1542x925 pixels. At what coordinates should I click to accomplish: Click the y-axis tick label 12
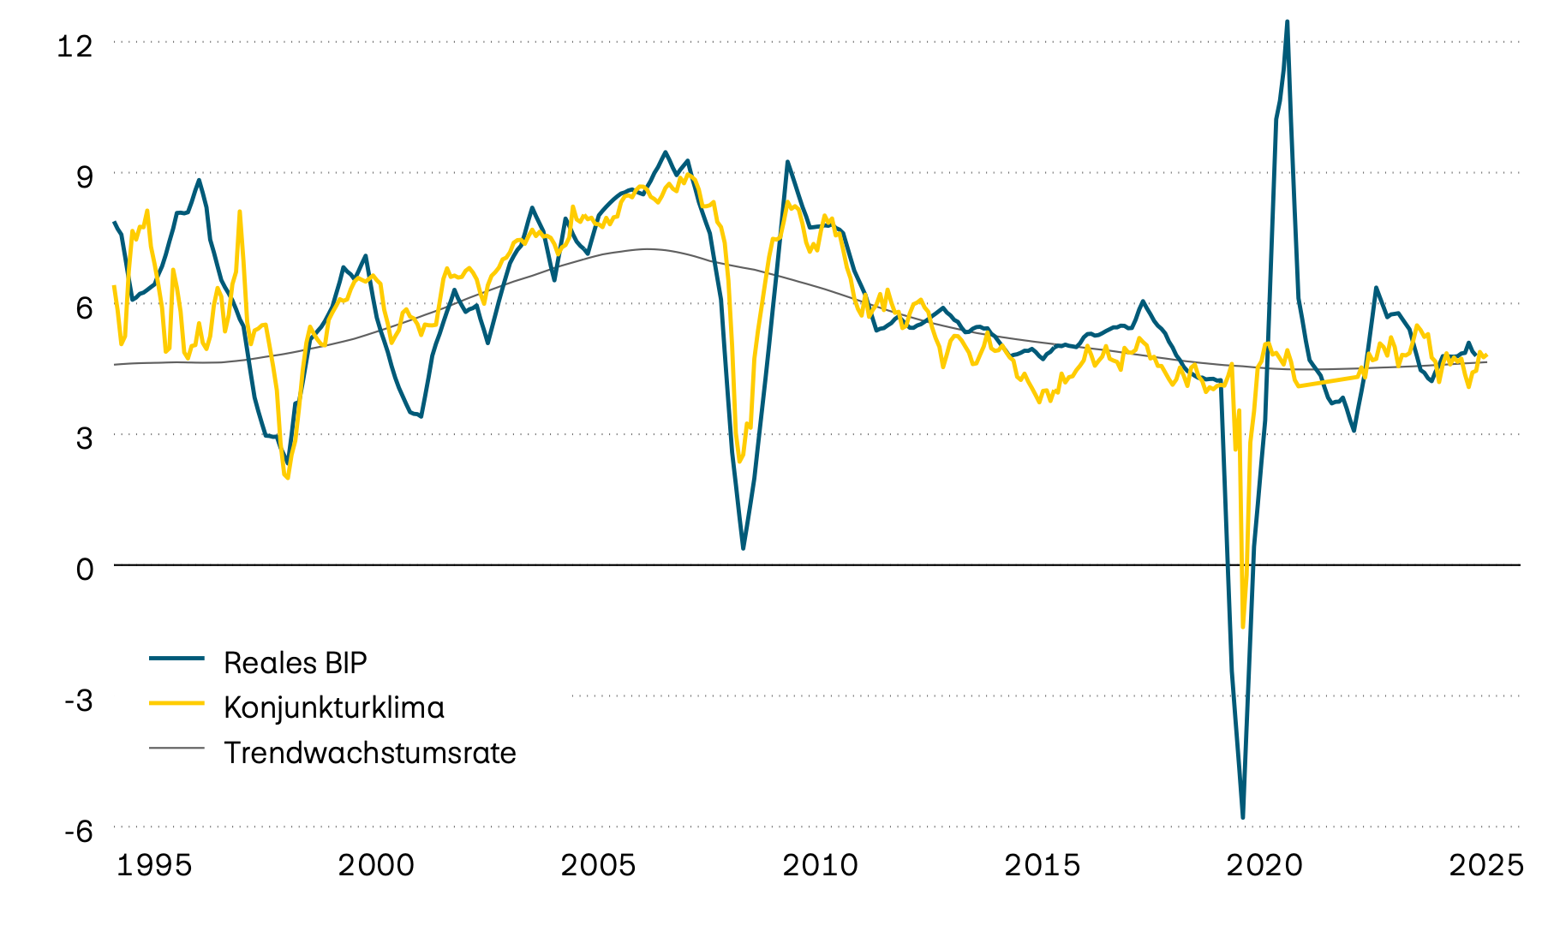[x=74, y=46]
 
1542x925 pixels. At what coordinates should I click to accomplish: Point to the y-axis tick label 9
[x=84, y=177]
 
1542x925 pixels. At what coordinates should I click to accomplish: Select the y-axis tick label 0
[x=84, y=569]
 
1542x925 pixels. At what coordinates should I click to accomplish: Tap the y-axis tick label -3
[x=79, y=700]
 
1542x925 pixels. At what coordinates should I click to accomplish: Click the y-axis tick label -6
[x=79, y=831]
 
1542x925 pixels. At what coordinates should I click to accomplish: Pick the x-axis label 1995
[x=154, y=865]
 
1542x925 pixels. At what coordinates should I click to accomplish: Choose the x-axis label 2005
[x=598, y=865]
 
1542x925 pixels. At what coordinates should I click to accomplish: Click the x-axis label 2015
[x=1042, y=865]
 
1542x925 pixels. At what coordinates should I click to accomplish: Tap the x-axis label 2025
[x=1486, y=865]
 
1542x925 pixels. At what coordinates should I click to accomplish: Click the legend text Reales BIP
[x=295, y=662]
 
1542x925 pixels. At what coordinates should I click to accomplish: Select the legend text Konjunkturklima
[x=334, y=707]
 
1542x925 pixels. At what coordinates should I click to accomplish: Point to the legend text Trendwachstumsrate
[x=370, y=753]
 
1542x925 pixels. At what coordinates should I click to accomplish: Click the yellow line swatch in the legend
[x=176, y=702]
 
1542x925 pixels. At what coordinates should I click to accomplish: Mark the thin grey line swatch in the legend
[x=176, y=748]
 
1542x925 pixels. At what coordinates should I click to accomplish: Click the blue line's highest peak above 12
[x=1287, y=21]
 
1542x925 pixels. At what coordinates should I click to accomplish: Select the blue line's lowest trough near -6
[x=1242, y=818]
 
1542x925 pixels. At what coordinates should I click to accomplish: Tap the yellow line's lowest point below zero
[x=1243, y=627]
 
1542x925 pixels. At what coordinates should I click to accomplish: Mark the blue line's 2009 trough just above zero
[x=743, y=548]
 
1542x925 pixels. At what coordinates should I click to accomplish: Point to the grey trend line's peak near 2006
[x=647, y=249]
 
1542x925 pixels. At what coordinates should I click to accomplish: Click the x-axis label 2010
[x=820, y=865]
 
